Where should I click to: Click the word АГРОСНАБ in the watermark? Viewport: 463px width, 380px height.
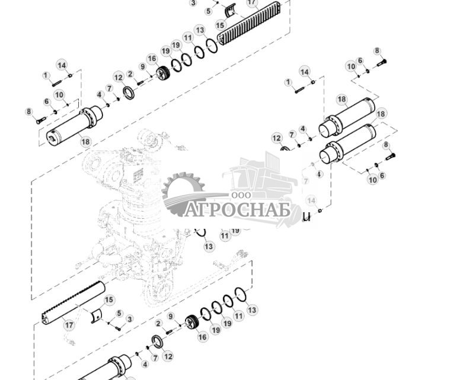[235, 210]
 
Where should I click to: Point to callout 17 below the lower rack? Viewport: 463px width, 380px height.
[69, 325]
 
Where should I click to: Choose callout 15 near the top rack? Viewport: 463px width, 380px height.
[220, 25]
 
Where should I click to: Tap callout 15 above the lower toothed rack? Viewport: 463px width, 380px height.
[108, 301]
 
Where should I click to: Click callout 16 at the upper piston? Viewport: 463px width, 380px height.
[152, 59]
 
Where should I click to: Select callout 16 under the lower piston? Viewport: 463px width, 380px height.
[202, 337]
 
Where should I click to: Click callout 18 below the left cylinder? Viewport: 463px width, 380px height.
[86, 142]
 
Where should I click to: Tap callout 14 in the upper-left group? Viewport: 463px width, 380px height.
[62, 65]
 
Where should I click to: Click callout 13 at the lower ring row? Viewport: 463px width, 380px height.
[252, 309]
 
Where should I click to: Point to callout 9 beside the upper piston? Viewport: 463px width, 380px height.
[142, 66]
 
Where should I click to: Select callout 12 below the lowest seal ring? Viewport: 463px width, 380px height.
[168, 356]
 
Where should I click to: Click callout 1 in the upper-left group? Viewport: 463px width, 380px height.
[46, 75]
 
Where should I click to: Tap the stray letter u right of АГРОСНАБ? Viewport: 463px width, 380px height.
[306, 216]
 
